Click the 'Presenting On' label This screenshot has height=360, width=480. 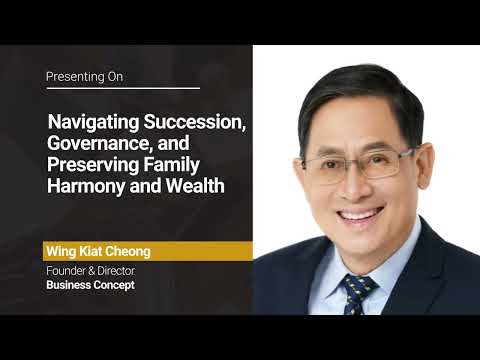(x=84, y=76)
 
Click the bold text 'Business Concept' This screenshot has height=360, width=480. (x=89, y=285)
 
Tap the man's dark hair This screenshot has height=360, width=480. (x=360, y=95)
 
